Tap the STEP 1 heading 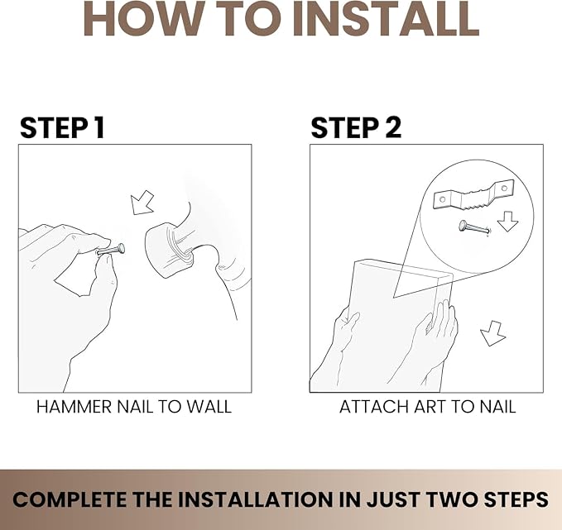point(62,128)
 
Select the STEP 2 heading point(356,128)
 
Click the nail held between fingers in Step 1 point(110,250)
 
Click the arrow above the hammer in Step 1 point(142,203)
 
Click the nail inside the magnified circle point(473,228)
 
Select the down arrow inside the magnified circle point(508,222)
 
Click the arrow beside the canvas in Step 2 point(492,333)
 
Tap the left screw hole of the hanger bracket point(442,199)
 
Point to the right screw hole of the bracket point(504,188)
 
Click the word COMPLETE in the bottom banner point(70,499)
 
